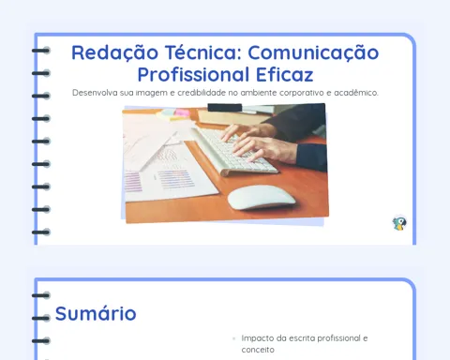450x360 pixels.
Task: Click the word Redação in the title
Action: [114, 52]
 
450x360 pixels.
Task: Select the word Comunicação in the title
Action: [313, 52]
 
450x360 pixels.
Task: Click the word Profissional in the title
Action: [193, 74]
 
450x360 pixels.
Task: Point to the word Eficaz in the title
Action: [285, 74]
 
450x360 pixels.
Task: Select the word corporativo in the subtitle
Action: [302, 93]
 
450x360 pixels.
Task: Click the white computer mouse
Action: [262, 198]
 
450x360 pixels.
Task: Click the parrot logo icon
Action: [399, 223]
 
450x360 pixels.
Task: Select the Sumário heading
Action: [96, 313]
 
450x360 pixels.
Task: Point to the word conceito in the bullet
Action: [258, 350]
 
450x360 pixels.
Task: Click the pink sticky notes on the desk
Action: [182, 112]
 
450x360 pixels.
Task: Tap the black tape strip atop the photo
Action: [225, 108]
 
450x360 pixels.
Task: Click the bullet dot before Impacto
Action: [233, 338]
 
